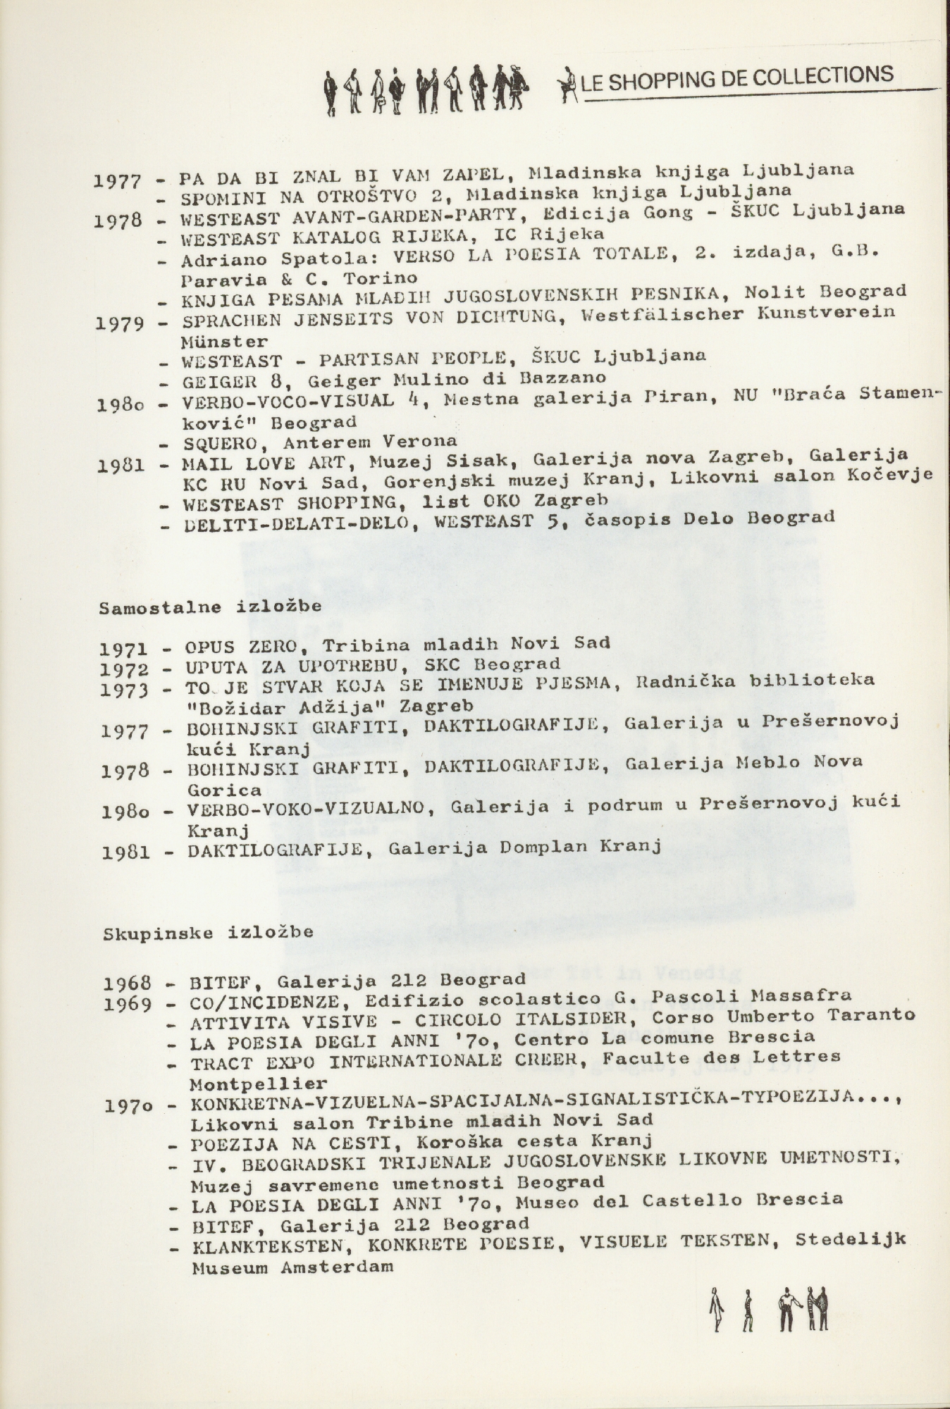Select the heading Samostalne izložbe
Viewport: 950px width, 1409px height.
210,607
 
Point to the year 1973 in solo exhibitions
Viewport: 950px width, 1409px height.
124,690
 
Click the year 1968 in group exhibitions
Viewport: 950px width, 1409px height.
128,981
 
